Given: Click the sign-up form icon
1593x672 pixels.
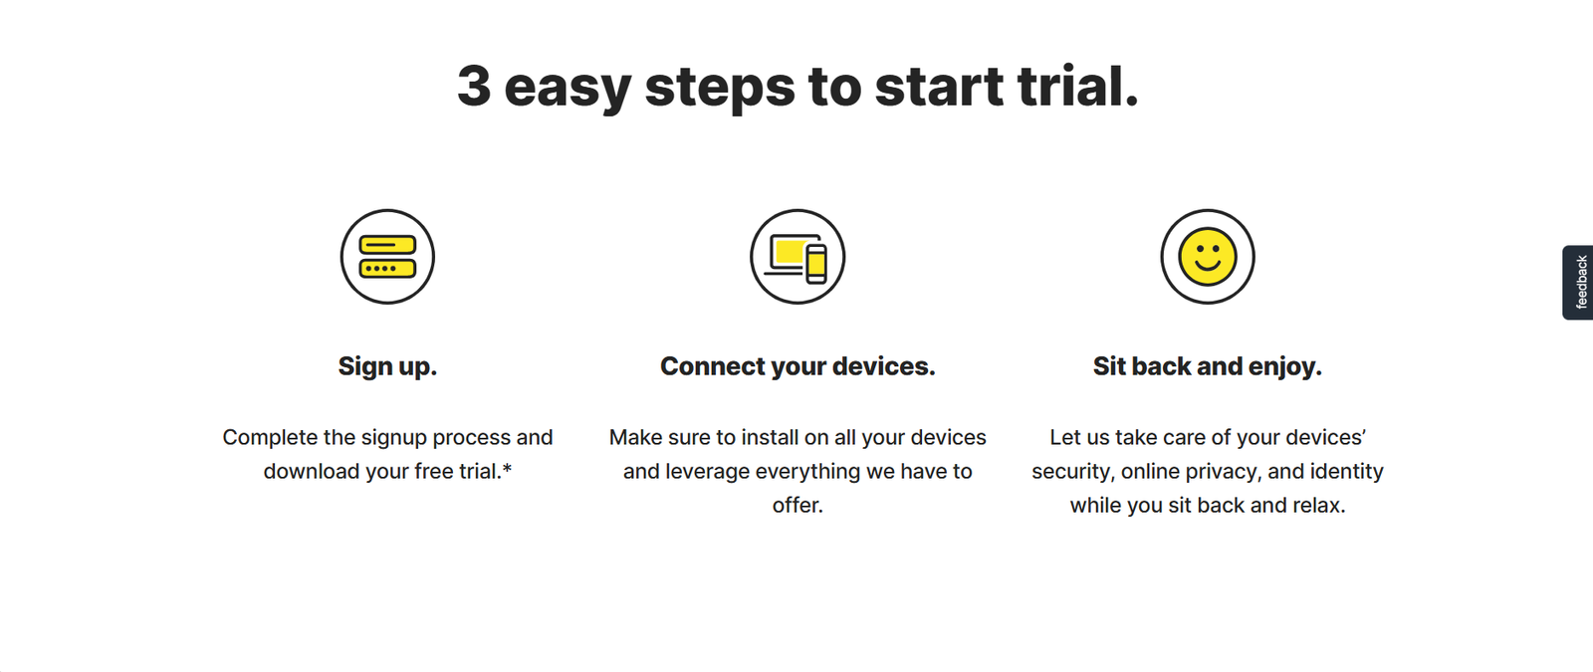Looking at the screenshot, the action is (387, 257).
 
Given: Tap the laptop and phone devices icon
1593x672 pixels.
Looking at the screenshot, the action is (797, 257).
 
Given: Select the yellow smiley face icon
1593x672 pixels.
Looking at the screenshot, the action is (1208, 257).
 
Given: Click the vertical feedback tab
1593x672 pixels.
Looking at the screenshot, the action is (1577, 283).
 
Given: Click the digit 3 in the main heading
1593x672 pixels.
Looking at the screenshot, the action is (474, 86).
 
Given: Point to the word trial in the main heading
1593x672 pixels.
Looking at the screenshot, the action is (1078, 86).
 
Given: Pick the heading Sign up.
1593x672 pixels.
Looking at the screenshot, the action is (387, 366).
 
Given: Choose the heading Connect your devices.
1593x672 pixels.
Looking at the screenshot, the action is (797, 366).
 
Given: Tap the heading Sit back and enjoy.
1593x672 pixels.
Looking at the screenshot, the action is (1208, 366).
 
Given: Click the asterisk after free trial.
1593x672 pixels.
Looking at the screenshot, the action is (507, 468).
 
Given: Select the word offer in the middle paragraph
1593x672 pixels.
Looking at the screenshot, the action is (797, 505).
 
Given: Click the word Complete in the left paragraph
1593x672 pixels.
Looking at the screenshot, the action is (270, 437).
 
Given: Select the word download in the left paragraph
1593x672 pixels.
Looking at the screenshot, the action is (312, 471).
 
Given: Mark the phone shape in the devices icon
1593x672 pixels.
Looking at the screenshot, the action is (816, 263).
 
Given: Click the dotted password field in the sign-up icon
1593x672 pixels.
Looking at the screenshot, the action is (387, 268).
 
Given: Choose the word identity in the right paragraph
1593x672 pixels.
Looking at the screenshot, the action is (1346, 472).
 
